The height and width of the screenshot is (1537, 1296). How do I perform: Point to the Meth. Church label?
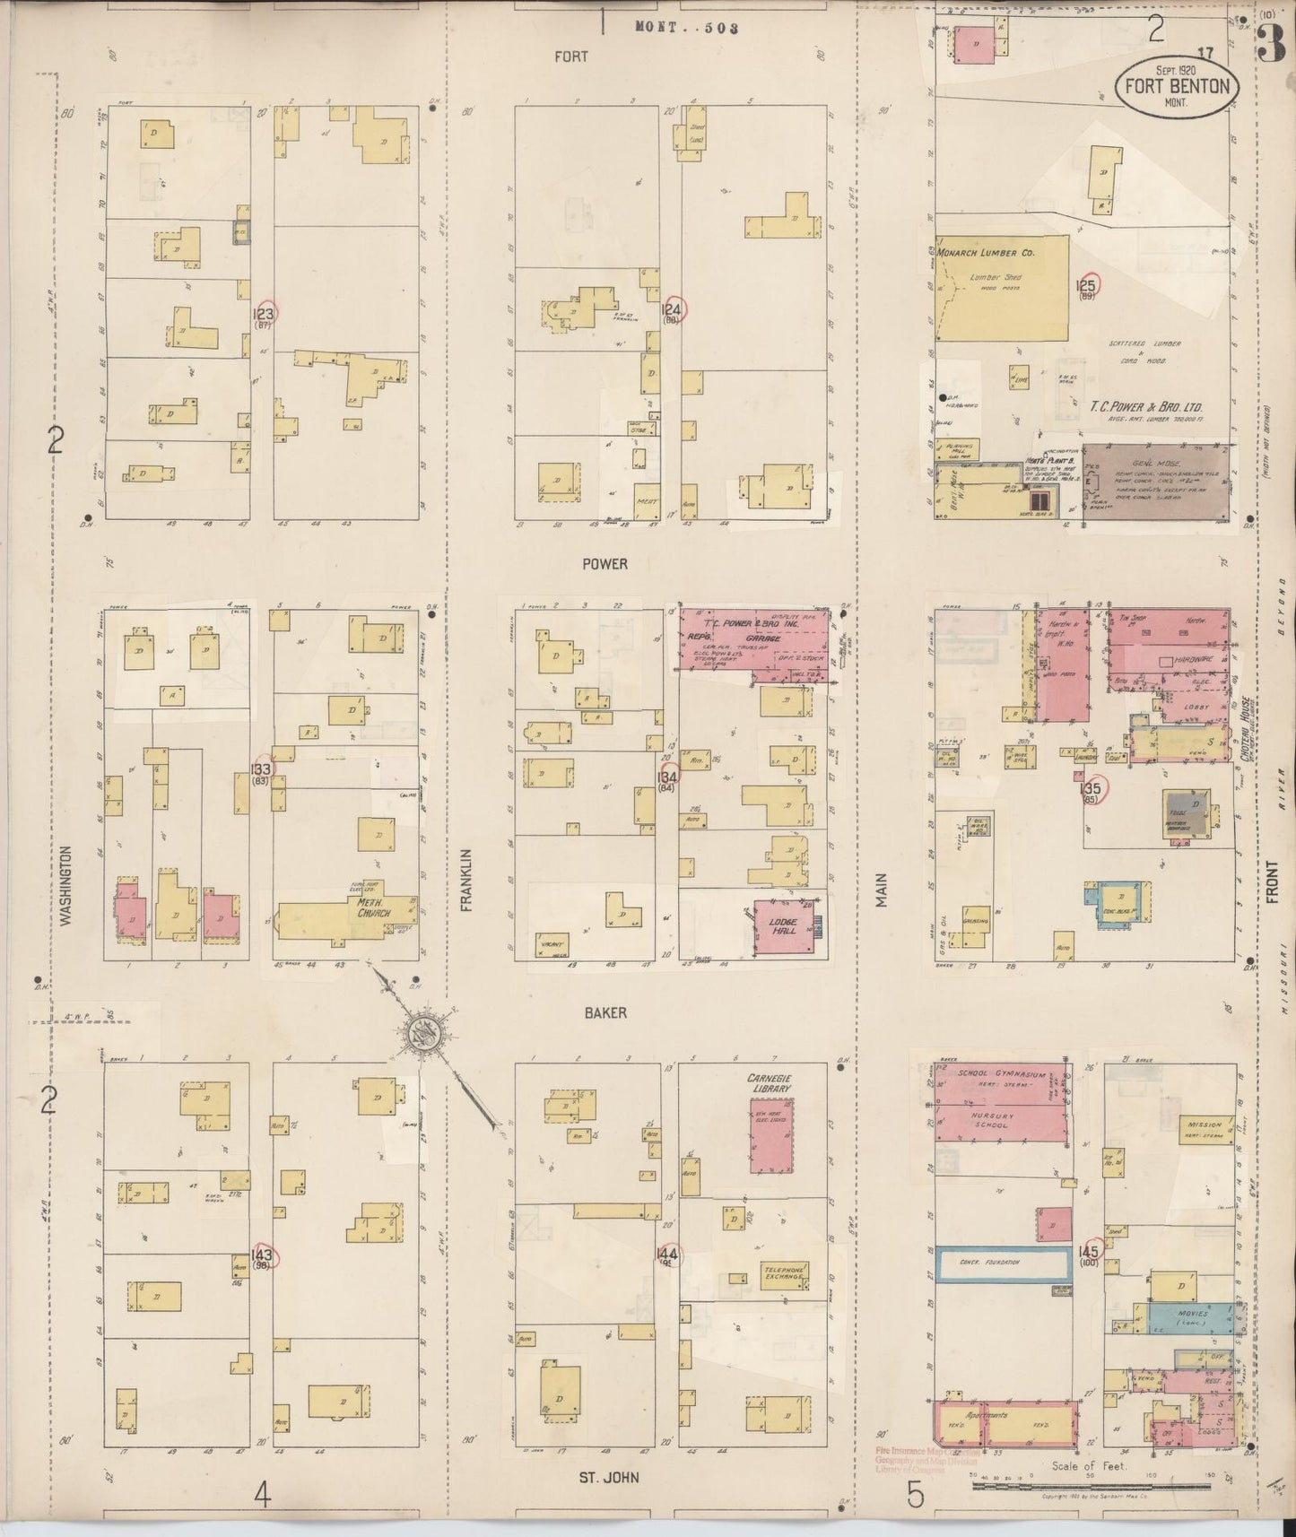374,907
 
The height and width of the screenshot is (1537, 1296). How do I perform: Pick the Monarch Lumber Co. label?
986,253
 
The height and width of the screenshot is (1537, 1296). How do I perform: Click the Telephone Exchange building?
783,1275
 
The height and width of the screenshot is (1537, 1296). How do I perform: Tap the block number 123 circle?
265,314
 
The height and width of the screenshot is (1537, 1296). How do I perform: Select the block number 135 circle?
1091,788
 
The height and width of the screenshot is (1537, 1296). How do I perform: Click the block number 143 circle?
263,1255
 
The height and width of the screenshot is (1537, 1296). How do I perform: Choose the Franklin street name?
465,881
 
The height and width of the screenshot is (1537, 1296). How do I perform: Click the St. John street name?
604,1476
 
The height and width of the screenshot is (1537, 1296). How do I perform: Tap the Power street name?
605,564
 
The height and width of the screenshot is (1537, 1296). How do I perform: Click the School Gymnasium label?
996,1073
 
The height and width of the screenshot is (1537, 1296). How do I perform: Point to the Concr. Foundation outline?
1002,1263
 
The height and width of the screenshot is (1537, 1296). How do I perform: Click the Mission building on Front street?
1204,1127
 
